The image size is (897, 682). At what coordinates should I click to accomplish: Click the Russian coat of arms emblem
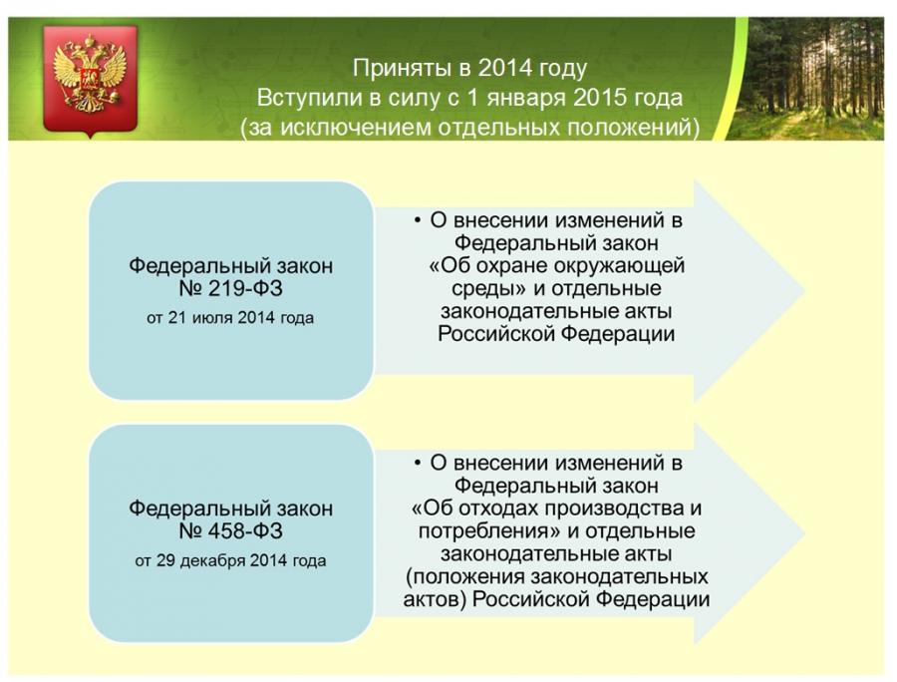click(x=90, y=80)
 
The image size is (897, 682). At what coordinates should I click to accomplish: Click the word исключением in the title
click(x=356, y=128)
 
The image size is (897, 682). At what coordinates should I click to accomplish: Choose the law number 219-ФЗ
click(x=230, y=288)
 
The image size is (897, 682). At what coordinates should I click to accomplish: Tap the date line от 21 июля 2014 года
click(x=230, y=317)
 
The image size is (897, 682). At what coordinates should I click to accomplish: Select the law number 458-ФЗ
click(x=230, y=531)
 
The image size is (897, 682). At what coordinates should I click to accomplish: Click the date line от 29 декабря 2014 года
click(x=230, y=560)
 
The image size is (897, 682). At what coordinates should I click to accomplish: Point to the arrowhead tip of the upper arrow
click(x=805, y=290)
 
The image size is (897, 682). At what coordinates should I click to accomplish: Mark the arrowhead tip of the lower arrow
click(x=805, y=533)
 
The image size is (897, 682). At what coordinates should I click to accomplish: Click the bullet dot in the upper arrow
click(x=418, y=220)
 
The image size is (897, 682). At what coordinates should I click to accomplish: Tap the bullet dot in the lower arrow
click(x=418, y=463)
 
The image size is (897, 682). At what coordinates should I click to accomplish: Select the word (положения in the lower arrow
click(x=465, y=576)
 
